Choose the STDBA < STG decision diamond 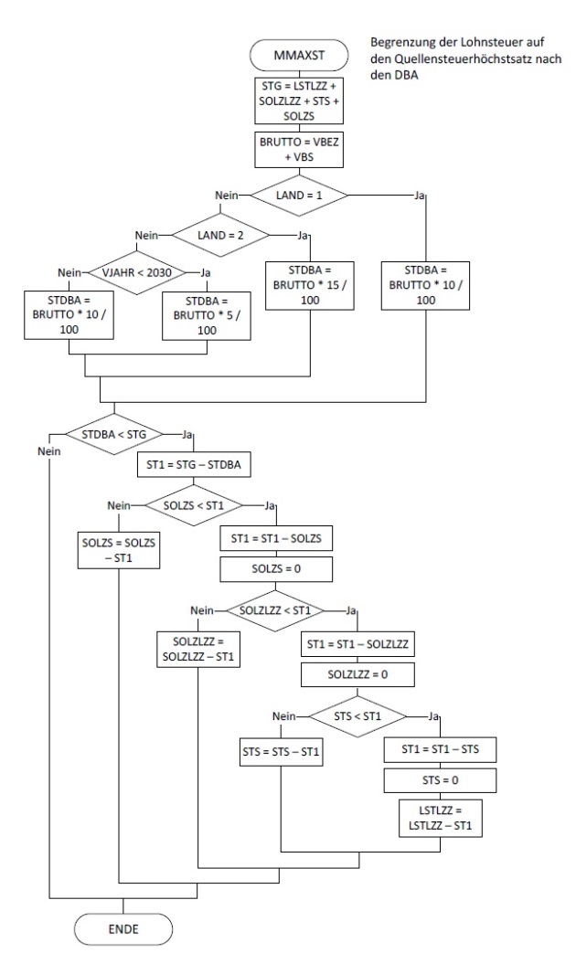[113, 433]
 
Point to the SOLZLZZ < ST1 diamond [274, 609]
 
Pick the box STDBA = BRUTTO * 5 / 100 [207, 314]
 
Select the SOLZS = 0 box [274, 571]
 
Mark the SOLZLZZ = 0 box [357, 676]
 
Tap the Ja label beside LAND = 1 [421, 196]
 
